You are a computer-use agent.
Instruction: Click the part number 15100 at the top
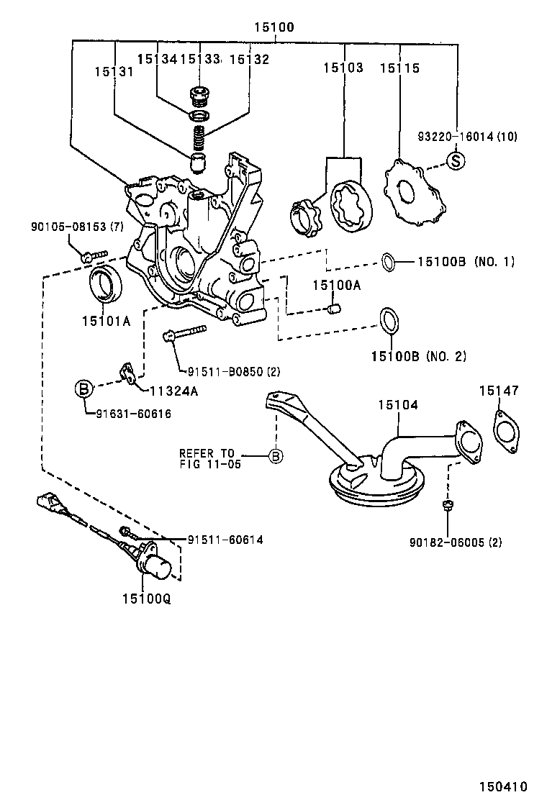click(x=273, y=28)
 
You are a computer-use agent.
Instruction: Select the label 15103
click(x=343, y=68)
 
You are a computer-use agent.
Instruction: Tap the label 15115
click(x=399, y=68)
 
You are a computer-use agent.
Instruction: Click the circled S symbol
click(x=455, y=160)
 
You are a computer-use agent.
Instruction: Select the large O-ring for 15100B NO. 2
click(x=388, y=321)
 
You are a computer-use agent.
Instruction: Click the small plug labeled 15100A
click(x=333, y=309)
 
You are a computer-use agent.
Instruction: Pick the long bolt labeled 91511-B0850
click(x=186, y=333)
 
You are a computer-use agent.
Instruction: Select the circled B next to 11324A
click(x=84, y=389)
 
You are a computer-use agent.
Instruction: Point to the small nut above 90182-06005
click(x=447, y=505)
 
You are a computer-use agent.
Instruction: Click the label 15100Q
click(x=146, y=598)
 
